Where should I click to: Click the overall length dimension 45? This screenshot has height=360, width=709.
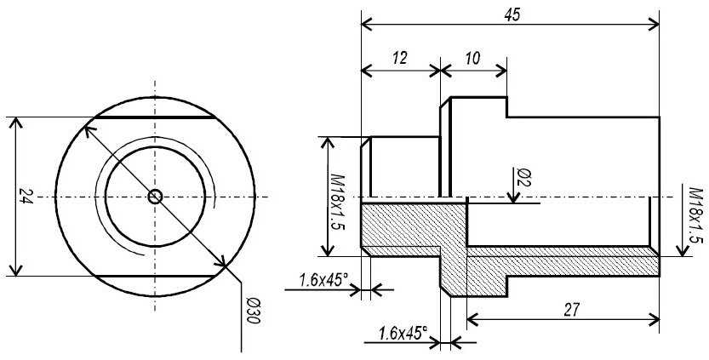pyautogui.click(x=512, y=14)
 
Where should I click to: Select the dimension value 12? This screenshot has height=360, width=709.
pyautogui.click(x=400, y=58)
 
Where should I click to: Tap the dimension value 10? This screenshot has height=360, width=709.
pyautogui.click(x=472, y=58)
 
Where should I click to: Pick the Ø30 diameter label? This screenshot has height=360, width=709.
pyautogui.click(x=252, y=311)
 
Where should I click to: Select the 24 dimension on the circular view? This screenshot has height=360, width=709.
pyautogui.click(x=26, y=197)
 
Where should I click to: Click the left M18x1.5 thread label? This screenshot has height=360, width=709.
pyautogui.click(x=337, y=202)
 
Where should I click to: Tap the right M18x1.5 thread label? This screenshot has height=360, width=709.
pyautogui.click(x=695, y=215)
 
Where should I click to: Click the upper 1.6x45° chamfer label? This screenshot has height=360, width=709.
pyautogui.click(x=323, y=280)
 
